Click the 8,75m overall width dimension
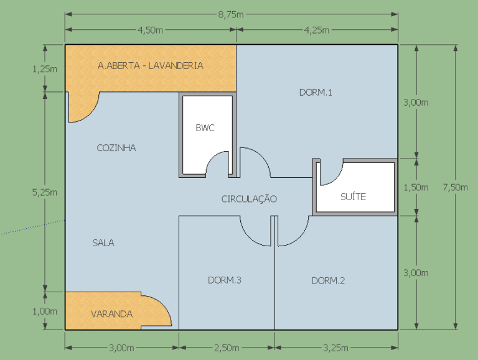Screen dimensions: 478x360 [x=231, y=15]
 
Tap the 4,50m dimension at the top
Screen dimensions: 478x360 [x=150, y=30]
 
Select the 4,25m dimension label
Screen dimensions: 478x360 [x=316, y=30]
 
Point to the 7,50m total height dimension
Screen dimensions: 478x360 [x=455, y=187]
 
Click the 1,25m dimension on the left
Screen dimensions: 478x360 [x=45, y=69]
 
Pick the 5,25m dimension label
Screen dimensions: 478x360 [x=45, y=192]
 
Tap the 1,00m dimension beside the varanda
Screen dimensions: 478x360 [x=45, y=312]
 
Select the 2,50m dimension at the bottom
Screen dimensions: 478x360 [x=227, y=348]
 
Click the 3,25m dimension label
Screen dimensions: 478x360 [x=335, y=348]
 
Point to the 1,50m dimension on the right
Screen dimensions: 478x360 [x=416, y=187]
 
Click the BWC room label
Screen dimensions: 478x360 [x=205, y=128]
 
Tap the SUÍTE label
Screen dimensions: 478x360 [x=353, y=196]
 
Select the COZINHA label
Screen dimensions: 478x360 [x=116, y=148]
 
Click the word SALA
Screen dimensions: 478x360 [x=103, y=242]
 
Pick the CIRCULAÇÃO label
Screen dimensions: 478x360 [x=249, y=198]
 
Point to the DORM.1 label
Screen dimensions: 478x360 [x=316, y=93]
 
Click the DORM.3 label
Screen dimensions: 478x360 [x=225, y=280]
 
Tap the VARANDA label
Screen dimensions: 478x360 [x=112, y=314]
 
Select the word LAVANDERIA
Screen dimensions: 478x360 [x=176, y=66]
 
